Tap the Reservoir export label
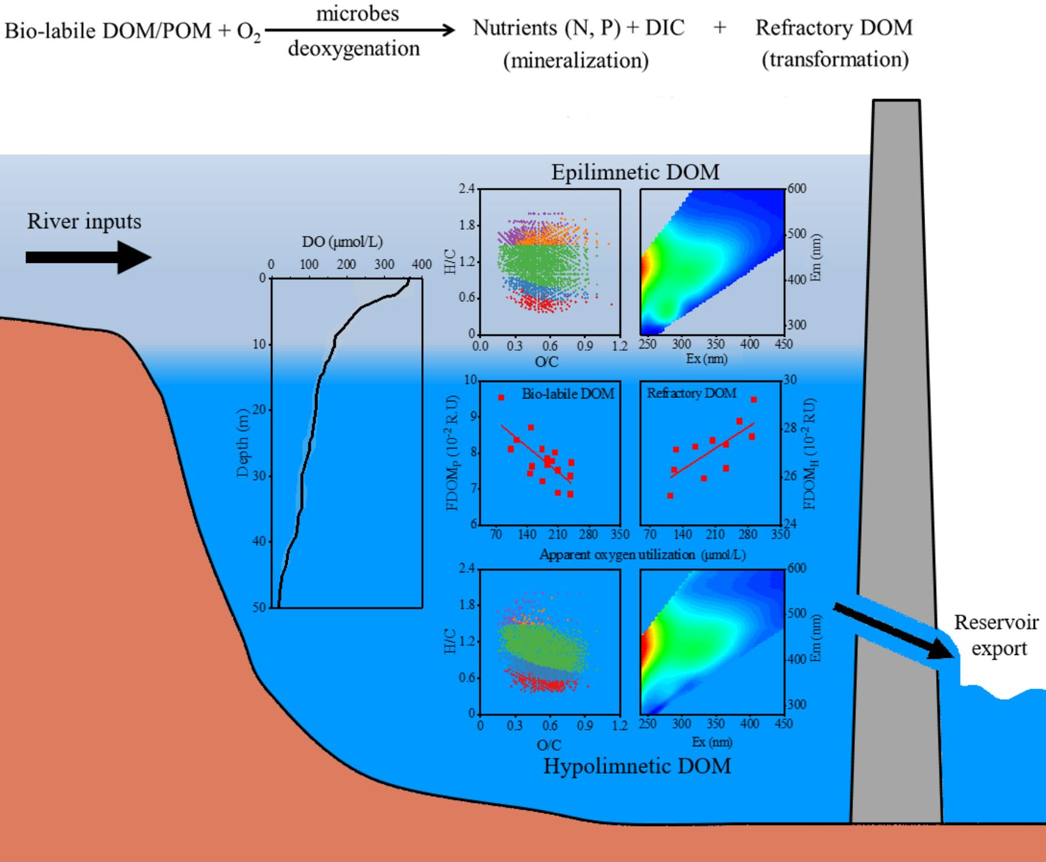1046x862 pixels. point(996,635)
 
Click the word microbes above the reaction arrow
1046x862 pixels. point(357,13)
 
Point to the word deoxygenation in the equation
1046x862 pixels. point(354,49)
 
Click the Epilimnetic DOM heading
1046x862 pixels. point(635,172)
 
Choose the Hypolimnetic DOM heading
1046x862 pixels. point(637,767)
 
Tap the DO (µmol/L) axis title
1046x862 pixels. point(342,242)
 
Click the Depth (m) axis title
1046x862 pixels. point(243,443)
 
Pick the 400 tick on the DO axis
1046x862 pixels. point(422,265)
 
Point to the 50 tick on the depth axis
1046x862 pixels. point(259,607)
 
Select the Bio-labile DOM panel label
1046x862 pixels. point(568,394)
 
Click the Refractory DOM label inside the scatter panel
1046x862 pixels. point(692,393)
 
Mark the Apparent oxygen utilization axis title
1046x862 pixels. point(642,554)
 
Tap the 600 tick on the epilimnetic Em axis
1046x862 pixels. point(797,188)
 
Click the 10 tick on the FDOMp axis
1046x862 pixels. point(470,380)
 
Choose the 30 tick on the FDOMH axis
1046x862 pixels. point(790,380)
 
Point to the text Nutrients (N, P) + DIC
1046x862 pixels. point(578,28)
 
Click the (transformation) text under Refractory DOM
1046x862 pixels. point(835,59)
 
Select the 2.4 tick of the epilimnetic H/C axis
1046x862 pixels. point(467,188)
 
